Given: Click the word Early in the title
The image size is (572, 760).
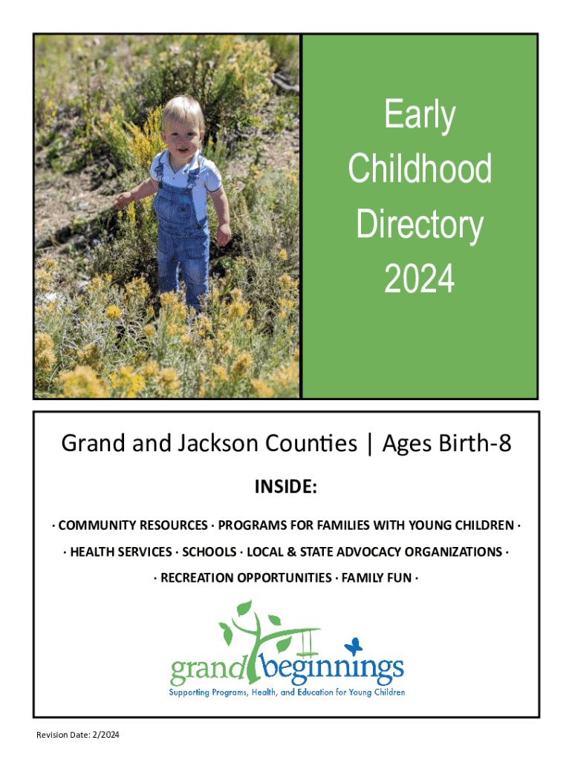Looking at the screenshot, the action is click(420, 115).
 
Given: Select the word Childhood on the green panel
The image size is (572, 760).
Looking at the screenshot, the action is click(420, 168).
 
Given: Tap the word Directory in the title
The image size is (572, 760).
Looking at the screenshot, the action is click(420, 225).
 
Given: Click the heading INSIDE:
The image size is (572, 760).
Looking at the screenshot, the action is click(286, 487).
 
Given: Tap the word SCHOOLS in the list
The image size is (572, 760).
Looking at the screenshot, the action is click(209, 552).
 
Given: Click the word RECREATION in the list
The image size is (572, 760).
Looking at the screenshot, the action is click(197, 578).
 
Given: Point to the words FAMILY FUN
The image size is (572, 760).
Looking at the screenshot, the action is click(377, 578).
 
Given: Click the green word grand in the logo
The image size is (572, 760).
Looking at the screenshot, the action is click(208, 669).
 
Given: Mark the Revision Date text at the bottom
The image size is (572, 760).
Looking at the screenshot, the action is click(77, 735).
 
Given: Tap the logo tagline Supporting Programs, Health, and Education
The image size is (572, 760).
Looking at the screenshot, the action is click(287, 692).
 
